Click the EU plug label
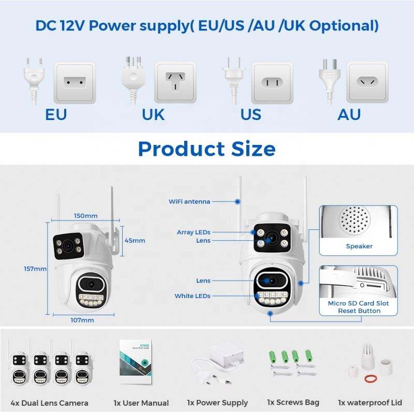pyautogui.click(x=56, y=114)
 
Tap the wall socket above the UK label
pyautogui.click(x=175, y=82)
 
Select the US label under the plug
pyautogui.click(x=251, y=114)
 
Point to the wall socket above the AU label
pyautogui.click(x=367, y=82)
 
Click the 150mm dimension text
pyautogui.click(x=85, y=215)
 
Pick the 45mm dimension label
pyautogui.click(x=135, y=240)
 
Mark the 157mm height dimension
pyautogui.click(x=36, y=269)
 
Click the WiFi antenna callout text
pyautogui.click(x=189, y=201)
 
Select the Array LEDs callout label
pyautogui.click(x=194, y=232)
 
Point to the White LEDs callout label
pyautogui.click(x=193, y=296)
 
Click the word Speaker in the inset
pyautogui.click(x=359, y=246)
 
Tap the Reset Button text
pyautogui.click(x=359, y=311)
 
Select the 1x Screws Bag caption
pyautogui.click(x=293, y=402)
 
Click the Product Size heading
pyautogui.click(x=206, y=149)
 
